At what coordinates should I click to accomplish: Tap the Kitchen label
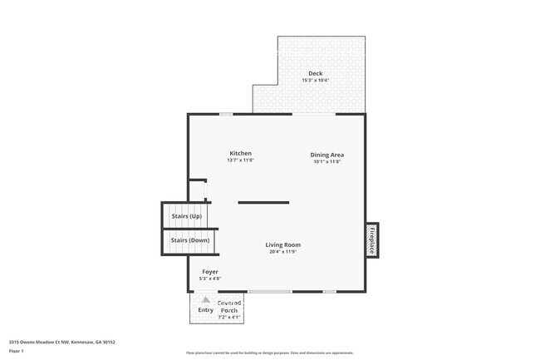click(240, 153)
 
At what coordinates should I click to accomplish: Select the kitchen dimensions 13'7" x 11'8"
click(240, 160)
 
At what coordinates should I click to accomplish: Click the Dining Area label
click(327, 155)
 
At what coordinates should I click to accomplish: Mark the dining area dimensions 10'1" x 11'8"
click(327, 161)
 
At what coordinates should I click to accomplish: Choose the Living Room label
click(282, 244)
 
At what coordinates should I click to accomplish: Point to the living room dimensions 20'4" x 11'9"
click(282, 252)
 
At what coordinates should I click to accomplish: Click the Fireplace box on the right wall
click(372, 239)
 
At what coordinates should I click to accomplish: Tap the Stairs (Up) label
click(186, 216)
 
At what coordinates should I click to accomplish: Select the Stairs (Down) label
click(189, 240)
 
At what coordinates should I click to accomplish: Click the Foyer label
click(210, 272)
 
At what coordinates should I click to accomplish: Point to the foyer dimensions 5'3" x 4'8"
click(210, 279)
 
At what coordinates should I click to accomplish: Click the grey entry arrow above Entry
click(205, 298)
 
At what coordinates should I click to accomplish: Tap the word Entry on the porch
click(205, 310)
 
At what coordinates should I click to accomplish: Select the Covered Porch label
click(229, 307)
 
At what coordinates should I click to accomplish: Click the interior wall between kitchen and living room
click(263, 202)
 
